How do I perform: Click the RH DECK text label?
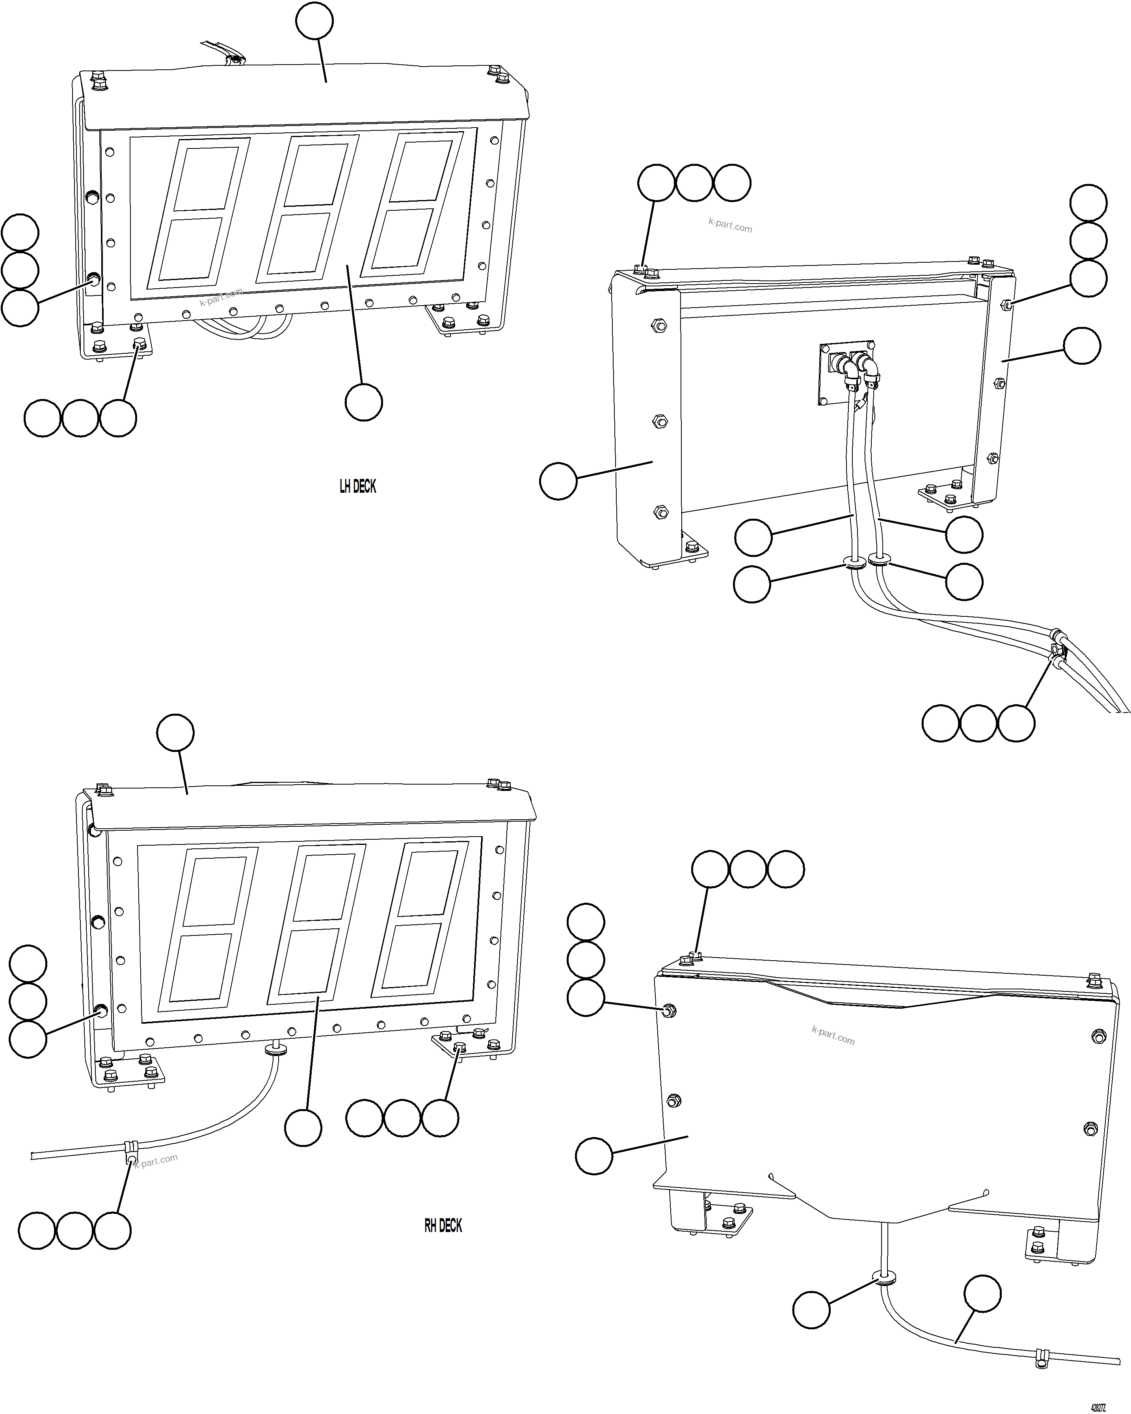pyautogui.click(x=443, y=1226)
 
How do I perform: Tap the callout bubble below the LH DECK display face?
pyautogui.click(x=363, y=402)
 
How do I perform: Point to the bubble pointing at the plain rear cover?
pyautogui.click(x=594, y=1156)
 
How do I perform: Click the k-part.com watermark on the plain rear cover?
pyautogui.click(x=833, y=1035)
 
